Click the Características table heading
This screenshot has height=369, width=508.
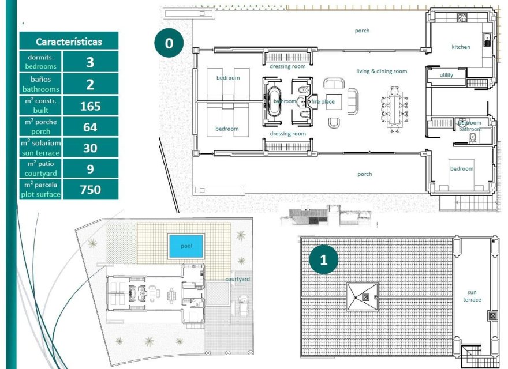(69, 42)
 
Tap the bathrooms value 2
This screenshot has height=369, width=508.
(89, 85)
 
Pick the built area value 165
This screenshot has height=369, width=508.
(89, 106)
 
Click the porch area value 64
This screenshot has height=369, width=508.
(89, 127)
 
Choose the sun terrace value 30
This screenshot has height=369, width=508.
(89, 148)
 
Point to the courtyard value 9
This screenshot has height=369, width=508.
(89, 169)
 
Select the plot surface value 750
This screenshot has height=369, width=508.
(89, 190)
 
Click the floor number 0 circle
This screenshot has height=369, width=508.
(169, 44)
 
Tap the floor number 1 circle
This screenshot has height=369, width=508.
(323, 259)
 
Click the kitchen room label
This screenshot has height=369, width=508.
(461, 47)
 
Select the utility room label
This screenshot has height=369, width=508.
(446, 75)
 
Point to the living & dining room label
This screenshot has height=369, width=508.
(381, 71)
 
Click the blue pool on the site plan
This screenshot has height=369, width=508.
(186, 246)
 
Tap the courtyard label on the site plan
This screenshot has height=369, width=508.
(237, 279)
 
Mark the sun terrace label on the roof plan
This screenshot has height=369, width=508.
(472, 296)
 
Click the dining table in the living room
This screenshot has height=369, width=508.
(394, 107)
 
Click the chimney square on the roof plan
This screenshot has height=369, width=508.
(365, 297)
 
